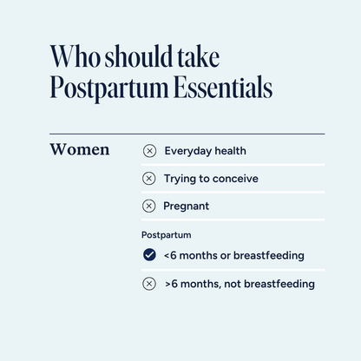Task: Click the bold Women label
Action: (x=80, y=149)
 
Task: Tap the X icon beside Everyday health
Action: (x=148, y=151)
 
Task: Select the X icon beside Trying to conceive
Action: (x=148, y=179)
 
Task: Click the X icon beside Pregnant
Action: (x=148, y=207)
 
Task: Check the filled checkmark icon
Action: (x=148, y=255)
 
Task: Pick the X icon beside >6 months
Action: (x=148, y=284)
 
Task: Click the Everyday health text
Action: (x=205, y=151)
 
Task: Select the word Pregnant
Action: (x=187, y=207)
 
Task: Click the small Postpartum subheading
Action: (x=166, y=235)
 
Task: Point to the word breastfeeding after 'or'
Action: (x=265, y=255)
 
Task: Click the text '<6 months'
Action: (x=189, y=255)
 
